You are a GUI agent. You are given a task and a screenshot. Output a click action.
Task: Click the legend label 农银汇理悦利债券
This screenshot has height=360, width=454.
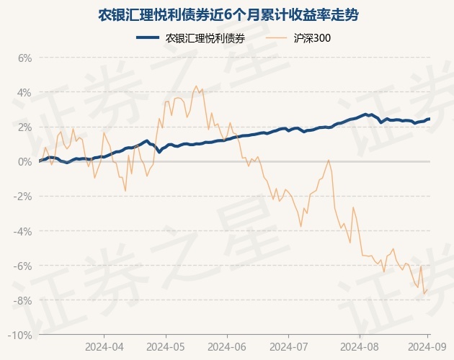coord(205,39)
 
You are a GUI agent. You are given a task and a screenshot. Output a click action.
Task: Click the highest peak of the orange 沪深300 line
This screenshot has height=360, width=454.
coord(196,86)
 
